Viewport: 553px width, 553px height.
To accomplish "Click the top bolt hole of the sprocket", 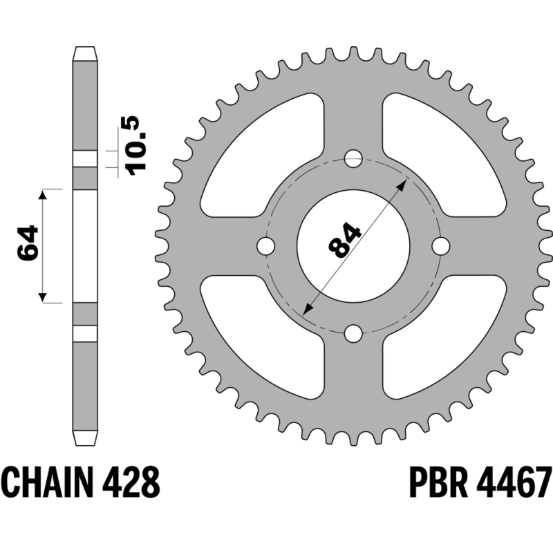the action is click(353, 159).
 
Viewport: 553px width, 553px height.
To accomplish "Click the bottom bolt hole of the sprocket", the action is click(353, 333).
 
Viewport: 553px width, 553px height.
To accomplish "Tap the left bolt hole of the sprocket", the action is click(266, 246).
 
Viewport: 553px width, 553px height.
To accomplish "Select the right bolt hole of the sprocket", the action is click(441, 246).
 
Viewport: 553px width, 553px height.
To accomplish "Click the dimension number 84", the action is click(344, 240).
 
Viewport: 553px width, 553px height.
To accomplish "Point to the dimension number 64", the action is click(28, 243).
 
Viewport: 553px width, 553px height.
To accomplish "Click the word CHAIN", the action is click(48, 482).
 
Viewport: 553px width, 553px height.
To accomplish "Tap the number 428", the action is click(131, 482).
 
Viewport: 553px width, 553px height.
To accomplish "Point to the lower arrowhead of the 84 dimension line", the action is click(307, 309).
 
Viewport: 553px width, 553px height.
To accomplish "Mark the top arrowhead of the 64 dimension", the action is click(43, 194).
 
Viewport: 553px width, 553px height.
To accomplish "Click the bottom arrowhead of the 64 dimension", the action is click(43, 298).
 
